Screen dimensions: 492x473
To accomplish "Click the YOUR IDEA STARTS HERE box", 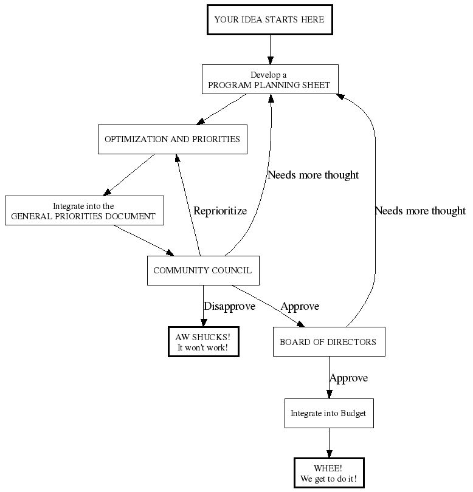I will [x=269, y=19].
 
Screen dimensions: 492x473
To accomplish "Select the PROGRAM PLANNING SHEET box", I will [x=269, y=80].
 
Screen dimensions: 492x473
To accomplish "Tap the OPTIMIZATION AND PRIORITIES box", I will [x=172, y=139].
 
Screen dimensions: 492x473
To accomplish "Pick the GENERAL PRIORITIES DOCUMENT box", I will [x=84, y=211].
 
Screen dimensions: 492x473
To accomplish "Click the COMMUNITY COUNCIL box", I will [x=202, y=270].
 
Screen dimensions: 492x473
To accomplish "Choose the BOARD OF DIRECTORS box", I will [x=328, y=342].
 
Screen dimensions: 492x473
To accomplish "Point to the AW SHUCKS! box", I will [x=203, y=342].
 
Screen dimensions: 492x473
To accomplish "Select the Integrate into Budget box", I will [x=328, y=414].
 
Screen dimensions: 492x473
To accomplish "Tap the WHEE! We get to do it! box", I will [x=328, y=474].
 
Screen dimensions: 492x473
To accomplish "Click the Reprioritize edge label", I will [x=220, y=211].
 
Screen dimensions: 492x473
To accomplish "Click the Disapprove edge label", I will [x=229, y=306].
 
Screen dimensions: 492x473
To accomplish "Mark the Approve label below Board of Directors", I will [x=348, y=378].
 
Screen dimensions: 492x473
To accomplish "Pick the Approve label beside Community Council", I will [x=300, y=306].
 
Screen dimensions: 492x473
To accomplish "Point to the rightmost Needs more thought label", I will [x=420, y=211].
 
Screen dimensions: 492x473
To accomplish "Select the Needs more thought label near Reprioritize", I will [x=313, y=175].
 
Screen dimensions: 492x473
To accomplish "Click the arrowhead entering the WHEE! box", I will [x=329, y=453].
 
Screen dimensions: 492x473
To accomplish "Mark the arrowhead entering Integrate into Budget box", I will [x=329, y=394].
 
